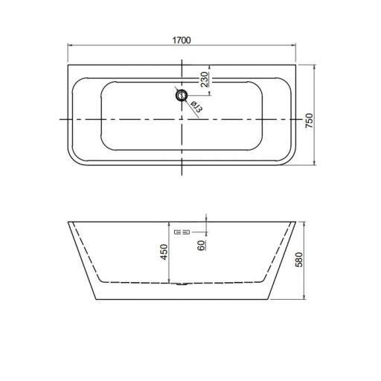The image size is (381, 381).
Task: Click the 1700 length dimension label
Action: [x=182, y=40]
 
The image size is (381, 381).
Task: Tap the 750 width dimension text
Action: [x=310, y=121]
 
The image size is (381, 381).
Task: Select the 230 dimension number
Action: [x=204, y=80]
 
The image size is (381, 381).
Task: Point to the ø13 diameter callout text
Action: [x=197, y=106]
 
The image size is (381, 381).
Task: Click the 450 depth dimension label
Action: [x=164, y=252]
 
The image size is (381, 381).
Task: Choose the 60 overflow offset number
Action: [x=202, y=246]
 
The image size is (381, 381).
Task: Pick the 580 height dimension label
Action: [x=299, y=260]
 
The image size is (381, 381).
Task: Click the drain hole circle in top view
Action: [x=182, y=95]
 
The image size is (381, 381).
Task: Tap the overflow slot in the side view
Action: [x=182, y=232]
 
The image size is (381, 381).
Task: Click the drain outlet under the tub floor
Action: [x=182, y=284]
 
